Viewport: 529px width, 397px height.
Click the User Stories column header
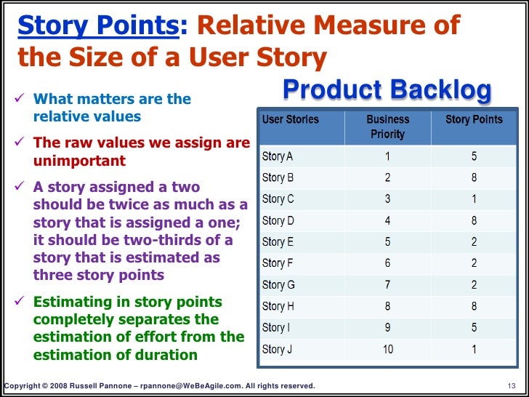click(x=290, y=119)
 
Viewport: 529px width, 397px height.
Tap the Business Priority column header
click(x=387, y=127)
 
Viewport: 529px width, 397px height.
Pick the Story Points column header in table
click(x=473, y=119)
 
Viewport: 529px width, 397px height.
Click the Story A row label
click(x=278, y=156)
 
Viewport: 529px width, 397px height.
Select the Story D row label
click(x=278, y=220)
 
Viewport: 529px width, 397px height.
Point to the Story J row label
click(x=278, y=349)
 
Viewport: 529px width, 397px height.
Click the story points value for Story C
click(x=474, y=198)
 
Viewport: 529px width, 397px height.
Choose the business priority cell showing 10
click(x=388, y=349)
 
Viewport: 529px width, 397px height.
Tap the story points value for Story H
click(x=474, y=306)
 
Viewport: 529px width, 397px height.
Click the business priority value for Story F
click(x=388, y=263)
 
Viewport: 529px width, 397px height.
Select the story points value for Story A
click(x=474, y=156)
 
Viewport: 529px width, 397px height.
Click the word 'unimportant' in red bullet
click(x=79, y=161)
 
